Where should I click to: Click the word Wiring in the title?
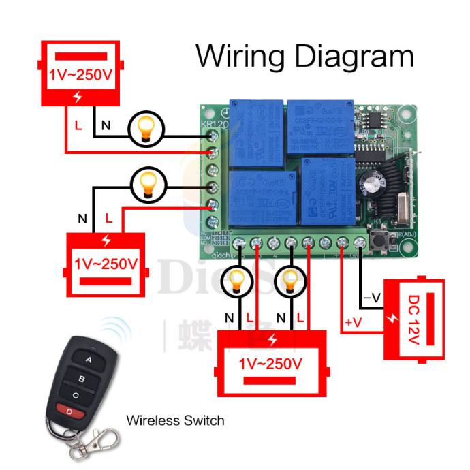click(x=239, y=57)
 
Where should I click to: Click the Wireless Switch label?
click(x=175, y=420)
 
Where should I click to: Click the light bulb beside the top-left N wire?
click(x=145, y=128)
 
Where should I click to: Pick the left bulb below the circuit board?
click(x=237, y=281)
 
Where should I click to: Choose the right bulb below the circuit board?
click(x=292, y=281)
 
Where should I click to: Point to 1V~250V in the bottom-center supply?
click(x=271, y=364)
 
